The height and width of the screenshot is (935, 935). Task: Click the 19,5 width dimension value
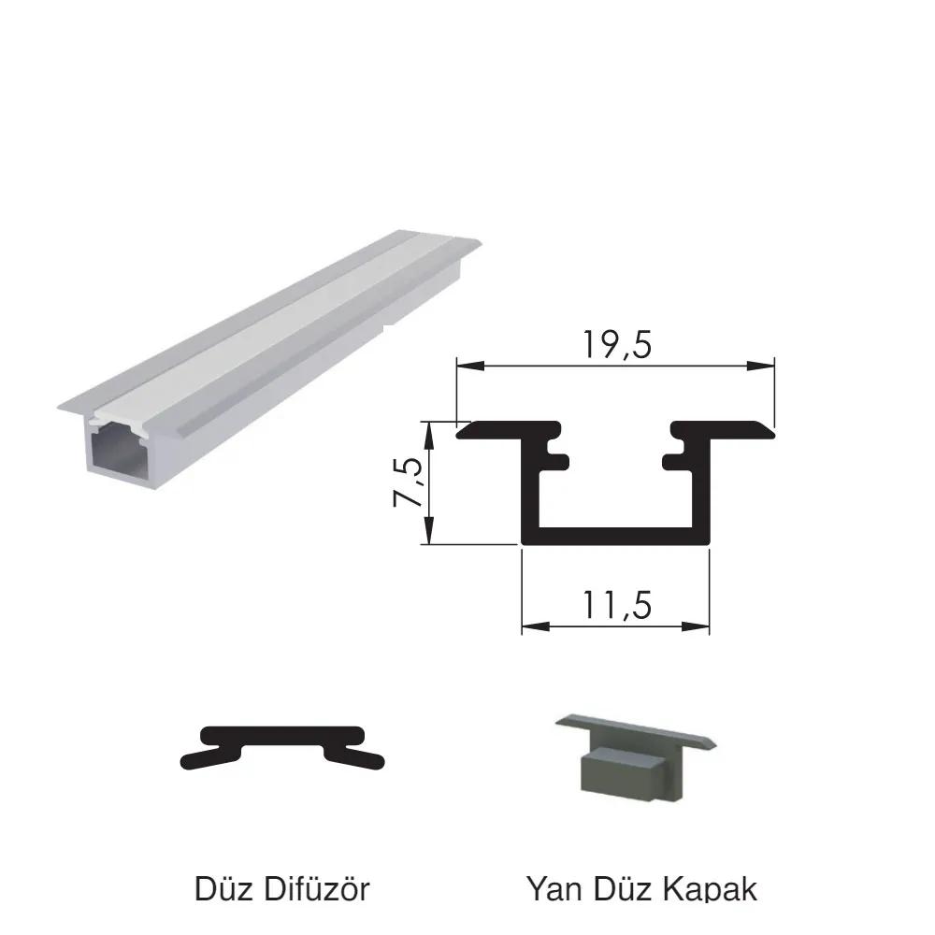[x=616, y=345]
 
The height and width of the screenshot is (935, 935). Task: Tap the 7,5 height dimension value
[x=409, y=482]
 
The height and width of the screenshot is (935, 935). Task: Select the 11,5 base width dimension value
[x=616, y=606]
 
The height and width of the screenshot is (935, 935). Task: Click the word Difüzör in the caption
[x=317, y=888]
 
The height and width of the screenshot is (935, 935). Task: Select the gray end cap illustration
[x=636, y=756]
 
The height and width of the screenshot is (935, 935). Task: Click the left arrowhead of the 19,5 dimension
[x=470, y=366]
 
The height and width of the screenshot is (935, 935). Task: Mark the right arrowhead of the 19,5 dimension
[x=761, y=366]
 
